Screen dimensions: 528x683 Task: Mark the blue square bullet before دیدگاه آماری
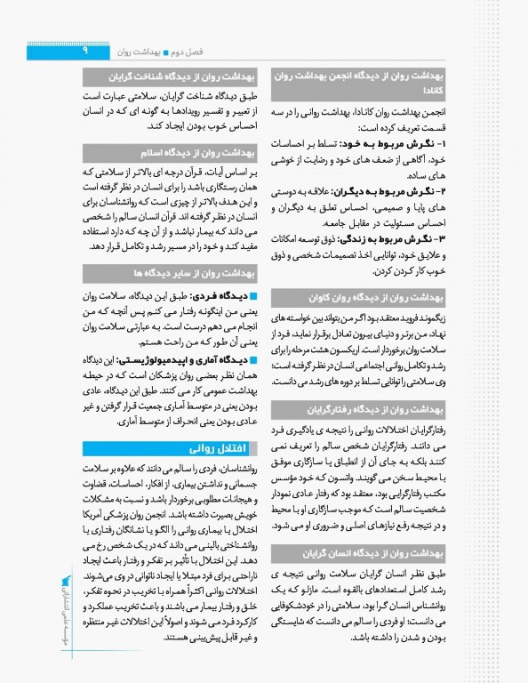click(x=252, y=360)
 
